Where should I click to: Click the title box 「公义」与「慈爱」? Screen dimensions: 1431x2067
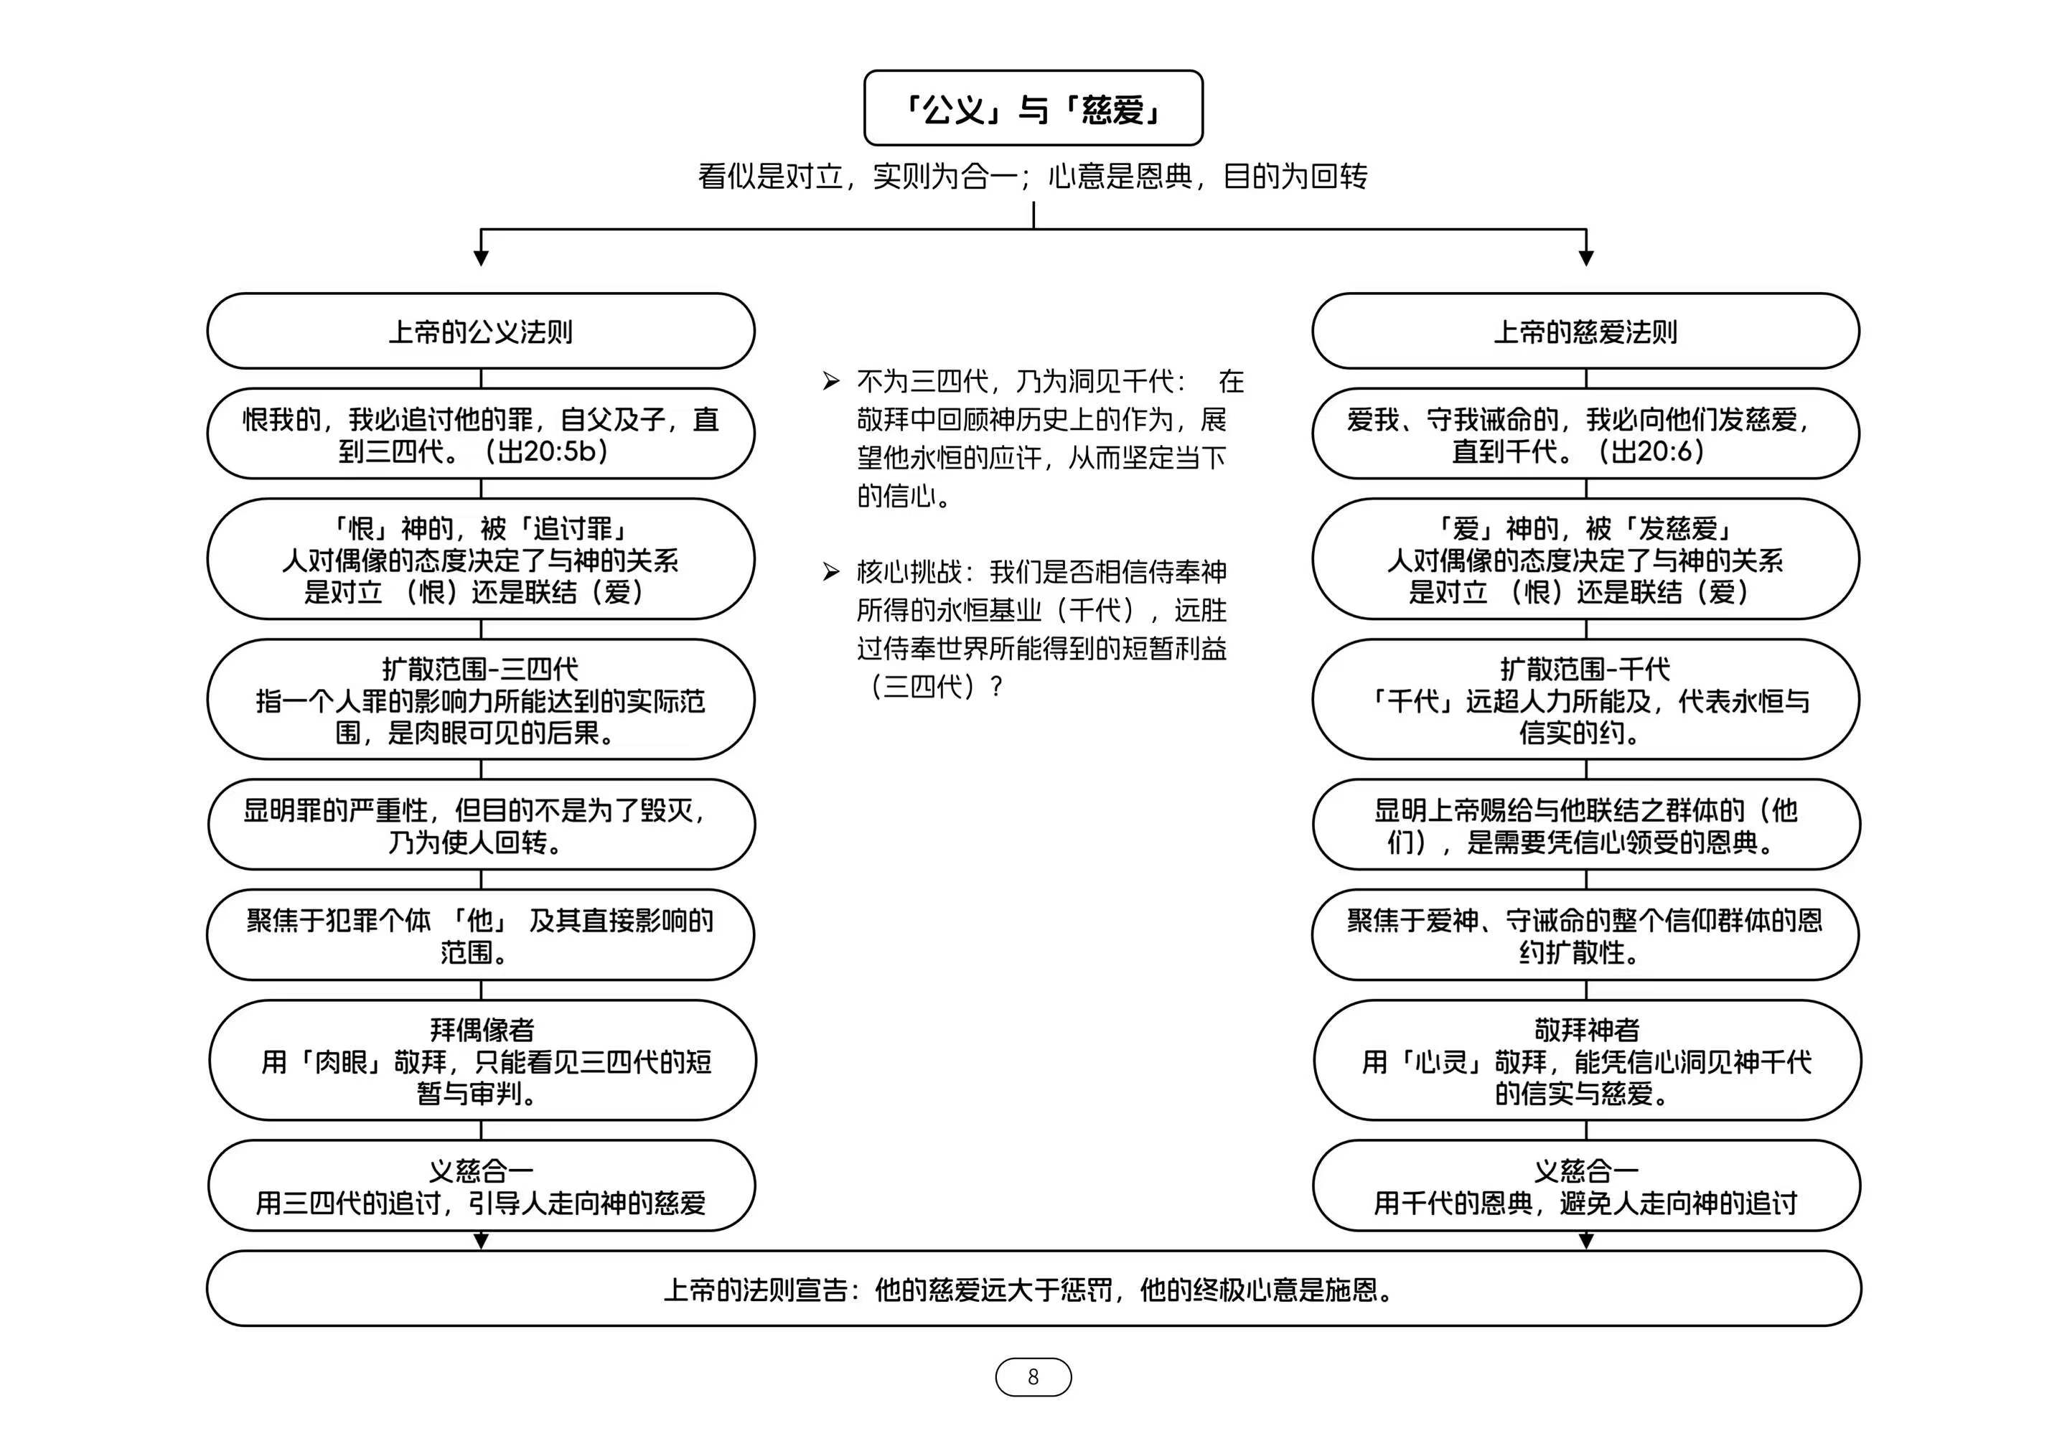click(1032, 108)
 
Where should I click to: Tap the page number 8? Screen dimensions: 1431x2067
click(1033, 1376)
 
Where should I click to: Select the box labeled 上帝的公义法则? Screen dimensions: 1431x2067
click(481, 332)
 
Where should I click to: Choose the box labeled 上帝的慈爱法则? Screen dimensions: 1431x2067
click(1585, 332)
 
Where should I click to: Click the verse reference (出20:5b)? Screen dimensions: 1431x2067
click(547, 451)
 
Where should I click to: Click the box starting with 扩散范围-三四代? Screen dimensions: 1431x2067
click(481, 700)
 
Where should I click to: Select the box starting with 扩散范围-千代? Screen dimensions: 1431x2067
click(1585, 700)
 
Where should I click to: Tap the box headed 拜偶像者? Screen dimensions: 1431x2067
click(481, 1061)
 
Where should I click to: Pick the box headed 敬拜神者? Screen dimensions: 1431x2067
click(1585, 1061)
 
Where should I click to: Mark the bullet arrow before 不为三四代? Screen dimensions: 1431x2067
click(831, 382)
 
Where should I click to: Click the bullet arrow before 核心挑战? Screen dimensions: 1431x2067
click(831, 572)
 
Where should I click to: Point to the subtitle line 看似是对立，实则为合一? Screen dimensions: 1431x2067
click(1032, 177)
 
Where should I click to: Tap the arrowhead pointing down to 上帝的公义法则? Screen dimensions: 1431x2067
click(481, 258)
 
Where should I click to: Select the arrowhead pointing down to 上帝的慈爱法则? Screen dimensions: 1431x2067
click(1585, 258)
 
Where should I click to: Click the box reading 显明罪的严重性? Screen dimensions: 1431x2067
click(481, 825)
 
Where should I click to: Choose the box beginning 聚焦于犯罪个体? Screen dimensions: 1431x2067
click(481, 935)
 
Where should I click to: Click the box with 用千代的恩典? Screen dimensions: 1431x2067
click(1585, 1186)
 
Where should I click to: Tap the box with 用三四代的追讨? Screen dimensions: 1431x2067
click(481, 1186)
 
